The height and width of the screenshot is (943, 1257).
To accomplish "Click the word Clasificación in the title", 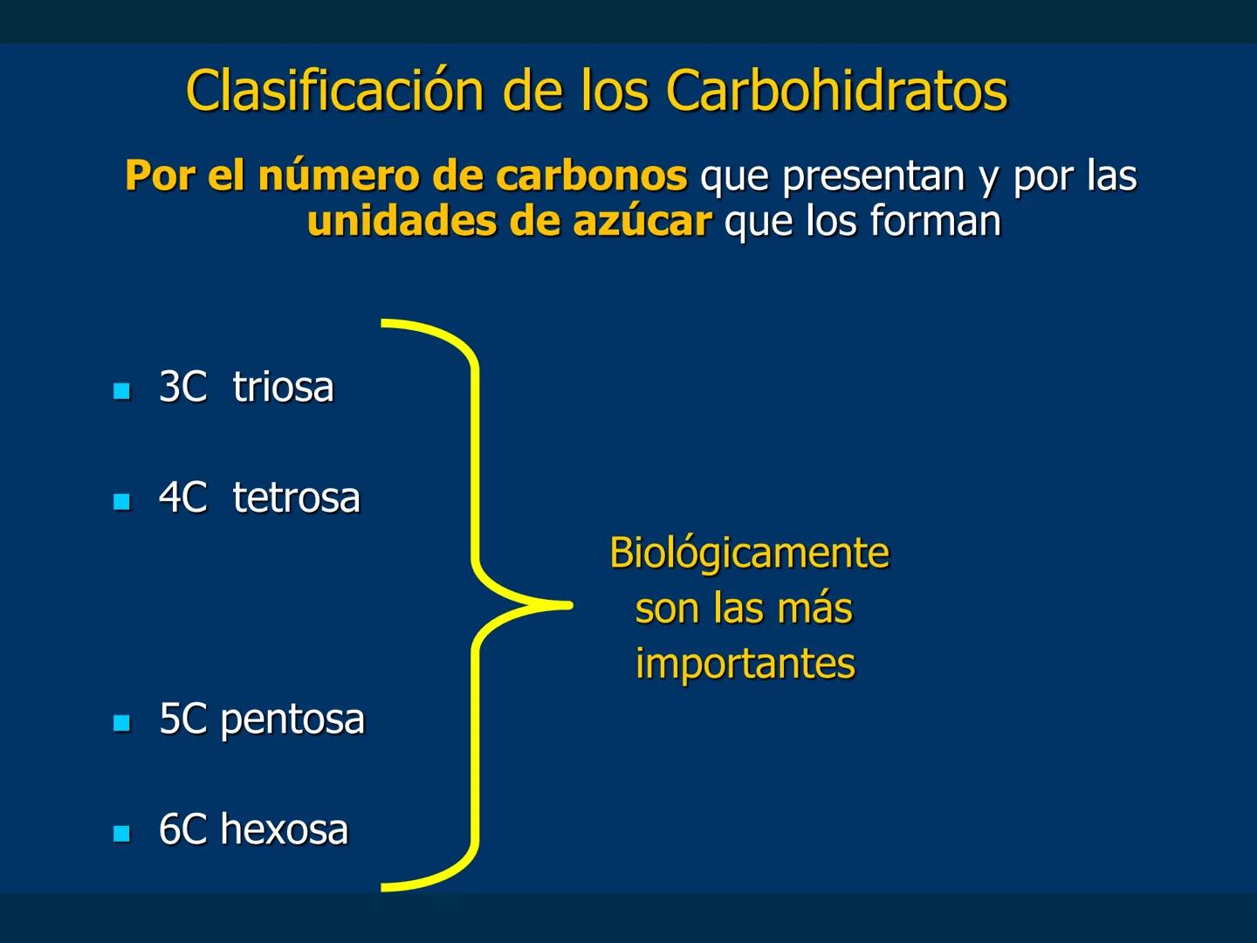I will tap(334, 91).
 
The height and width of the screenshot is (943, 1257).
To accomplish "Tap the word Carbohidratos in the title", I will tap(836, 91).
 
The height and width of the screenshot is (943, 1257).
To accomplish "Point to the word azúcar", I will tap(642, 222).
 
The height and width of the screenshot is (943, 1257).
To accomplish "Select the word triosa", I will tap(283, 388).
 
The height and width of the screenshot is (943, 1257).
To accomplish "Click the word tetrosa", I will tap(296, 499).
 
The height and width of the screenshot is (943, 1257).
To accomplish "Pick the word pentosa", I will tap(292, 719).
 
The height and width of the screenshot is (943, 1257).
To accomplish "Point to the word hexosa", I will tap(284, 829).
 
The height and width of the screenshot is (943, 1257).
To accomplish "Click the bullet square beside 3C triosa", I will tap(122, 390).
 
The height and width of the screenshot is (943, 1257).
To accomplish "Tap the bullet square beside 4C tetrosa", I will tap(122, 501).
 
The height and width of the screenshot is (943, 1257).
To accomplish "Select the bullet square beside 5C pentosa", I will tap(122, 723).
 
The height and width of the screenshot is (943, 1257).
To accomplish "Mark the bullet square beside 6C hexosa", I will tap(122, 833).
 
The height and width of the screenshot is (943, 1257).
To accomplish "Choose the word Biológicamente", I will tap(749, 554).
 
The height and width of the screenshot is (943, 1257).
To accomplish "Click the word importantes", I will tap(745, 664).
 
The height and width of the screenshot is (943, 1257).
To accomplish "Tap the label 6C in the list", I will tap(182, 829).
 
